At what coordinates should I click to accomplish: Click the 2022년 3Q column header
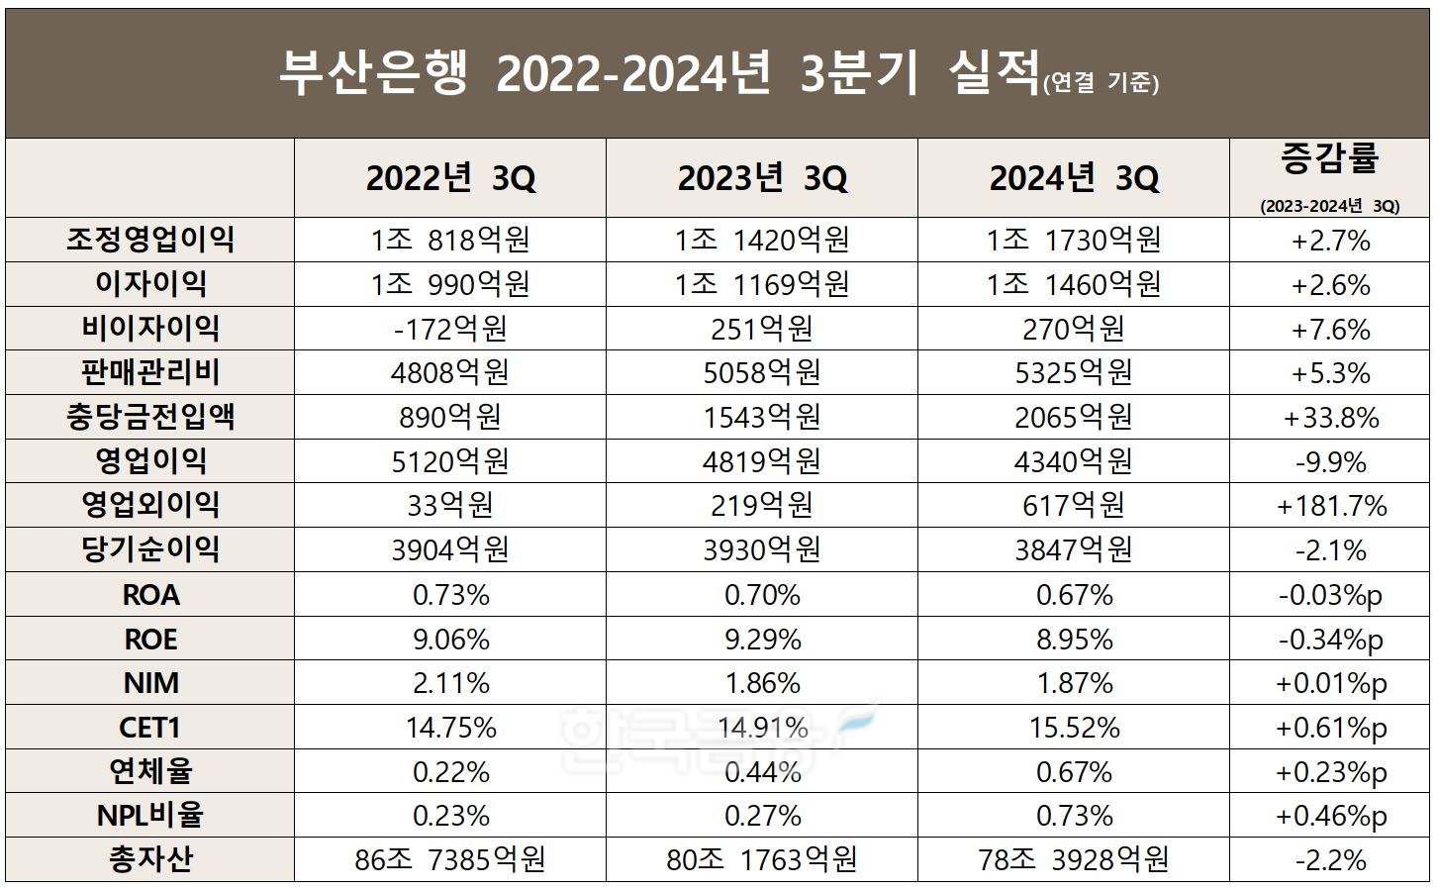pos(450,178)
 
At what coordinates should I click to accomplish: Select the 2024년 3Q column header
pos(1074,178)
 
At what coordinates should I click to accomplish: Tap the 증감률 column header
pos(1329,158)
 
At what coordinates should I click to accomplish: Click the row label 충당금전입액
pos(150,417)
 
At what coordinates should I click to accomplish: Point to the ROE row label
pos(150,640)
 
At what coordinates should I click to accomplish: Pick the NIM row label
pos(150,683)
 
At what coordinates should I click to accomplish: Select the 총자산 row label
pos(150,859)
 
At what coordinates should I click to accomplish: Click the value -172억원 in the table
pos(450,329)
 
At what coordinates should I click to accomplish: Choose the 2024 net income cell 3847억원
pos(1074,550)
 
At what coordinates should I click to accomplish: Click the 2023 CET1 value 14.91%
pos(762,728)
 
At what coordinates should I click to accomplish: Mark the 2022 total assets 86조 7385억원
pos(450,859)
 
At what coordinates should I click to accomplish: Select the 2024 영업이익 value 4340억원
pos(1074,462)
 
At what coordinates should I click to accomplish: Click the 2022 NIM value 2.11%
pos(450,683)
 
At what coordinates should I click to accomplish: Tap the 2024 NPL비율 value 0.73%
pos(1074,816)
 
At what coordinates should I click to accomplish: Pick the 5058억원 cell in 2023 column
pos(762,373)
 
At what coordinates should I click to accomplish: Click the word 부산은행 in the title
pos(373,74)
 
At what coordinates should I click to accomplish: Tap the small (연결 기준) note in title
pos(1100,83)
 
